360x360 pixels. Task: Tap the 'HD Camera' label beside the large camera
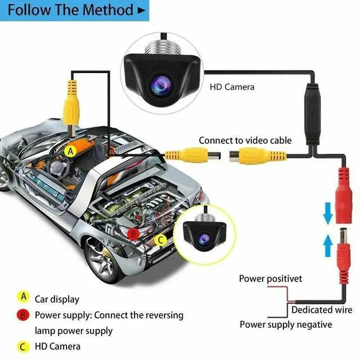(232, 87)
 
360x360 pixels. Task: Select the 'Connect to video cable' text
(245, 140)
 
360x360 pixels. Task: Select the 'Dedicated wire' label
(321, 309)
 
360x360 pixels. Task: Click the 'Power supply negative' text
(286, 325)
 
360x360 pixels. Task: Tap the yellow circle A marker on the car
(70, 151)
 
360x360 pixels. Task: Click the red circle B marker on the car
(133, 233)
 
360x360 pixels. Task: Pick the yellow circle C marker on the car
(160, 240)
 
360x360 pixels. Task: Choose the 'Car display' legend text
(57, 299)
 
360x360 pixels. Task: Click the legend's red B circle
(23, 315)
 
